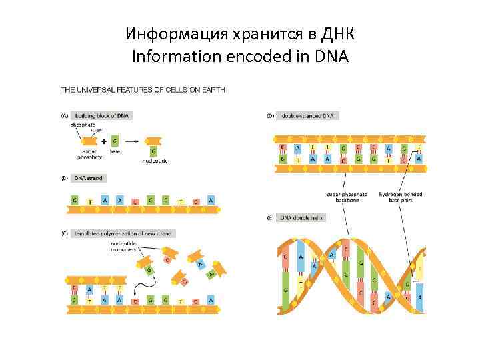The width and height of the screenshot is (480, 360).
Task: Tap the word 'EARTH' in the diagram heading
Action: coord(211,89)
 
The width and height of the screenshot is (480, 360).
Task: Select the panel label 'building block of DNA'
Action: coord(103,115)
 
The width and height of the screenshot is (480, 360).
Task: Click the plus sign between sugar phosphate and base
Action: coord(104,141)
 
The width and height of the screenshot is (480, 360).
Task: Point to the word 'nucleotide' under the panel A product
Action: coord(155,161)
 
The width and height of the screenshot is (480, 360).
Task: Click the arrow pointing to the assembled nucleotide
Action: coord(131,141)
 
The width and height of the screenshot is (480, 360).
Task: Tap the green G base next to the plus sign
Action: coord(115,141)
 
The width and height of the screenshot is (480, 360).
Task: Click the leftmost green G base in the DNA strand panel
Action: coord(74,200)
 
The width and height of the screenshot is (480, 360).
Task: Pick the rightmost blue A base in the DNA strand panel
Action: coord(211,200)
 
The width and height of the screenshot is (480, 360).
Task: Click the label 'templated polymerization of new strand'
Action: coord(123,234)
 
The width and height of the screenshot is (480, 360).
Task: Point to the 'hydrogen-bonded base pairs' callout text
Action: coord(400,197)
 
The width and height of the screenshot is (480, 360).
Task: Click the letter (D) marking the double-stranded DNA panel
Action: coord(270,115)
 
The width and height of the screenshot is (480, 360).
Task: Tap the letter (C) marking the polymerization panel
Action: coord(65,234)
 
